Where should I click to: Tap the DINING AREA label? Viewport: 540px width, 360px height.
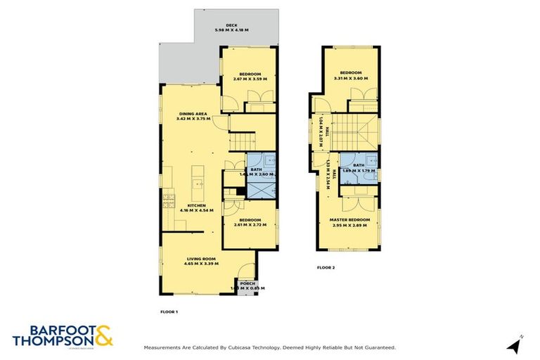[192, 113]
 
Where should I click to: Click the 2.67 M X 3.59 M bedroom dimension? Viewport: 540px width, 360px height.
[250, 79]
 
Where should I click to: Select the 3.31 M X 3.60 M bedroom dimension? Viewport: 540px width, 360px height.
[351, 78]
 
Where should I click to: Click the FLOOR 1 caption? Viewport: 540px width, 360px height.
[169, 311]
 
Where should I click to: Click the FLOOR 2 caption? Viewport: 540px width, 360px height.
[326, 268]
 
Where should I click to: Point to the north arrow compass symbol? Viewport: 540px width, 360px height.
[514, 345]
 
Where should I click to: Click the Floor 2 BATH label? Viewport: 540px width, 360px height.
[360, 165]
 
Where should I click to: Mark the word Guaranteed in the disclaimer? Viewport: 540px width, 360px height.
[379, 347]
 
